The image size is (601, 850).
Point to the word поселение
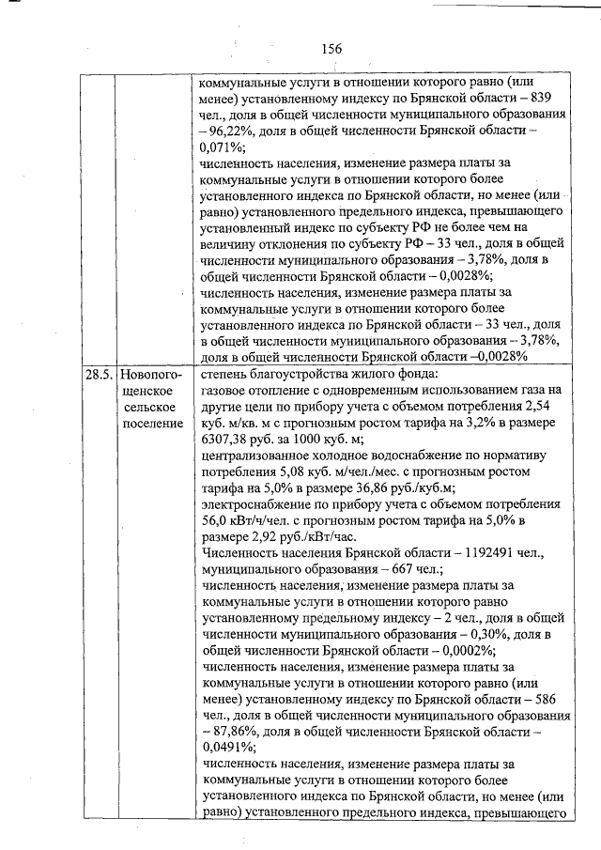tap(153, 424)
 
